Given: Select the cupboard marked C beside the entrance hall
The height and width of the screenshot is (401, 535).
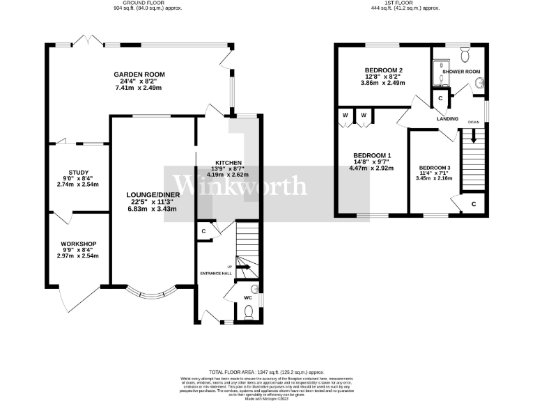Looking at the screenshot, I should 204,231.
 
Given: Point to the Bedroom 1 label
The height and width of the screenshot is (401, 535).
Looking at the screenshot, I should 372,155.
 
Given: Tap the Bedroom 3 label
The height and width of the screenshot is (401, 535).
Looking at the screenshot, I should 435,168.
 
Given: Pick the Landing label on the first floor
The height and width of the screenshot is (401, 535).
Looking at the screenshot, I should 447,119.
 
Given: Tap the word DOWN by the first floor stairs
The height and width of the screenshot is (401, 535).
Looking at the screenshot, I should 474,121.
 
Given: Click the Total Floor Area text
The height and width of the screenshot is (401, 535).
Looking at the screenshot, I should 267,373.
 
